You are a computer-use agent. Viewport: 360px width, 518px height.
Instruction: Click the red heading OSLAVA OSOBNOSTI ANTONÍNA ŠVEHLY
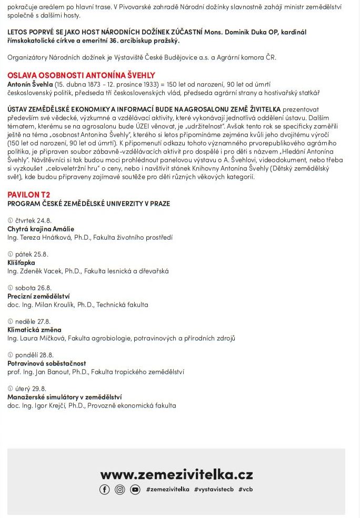pyautogui.click(x=81, y=75)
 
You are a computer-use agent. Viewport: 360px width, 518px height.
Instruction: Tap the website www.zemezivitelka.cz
pyautogui.click(x=176, y=474)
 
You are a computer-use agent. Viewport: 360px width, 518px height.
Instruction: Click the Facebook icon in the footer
pyautogui.click(x=105, y=490)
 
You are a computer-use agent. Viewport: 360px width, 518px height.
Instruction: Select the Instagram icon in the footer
pyautogui.click(x=120, y=490)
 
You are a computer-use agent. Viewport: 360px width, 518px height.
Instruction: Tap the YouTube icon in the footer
pyautogui.click(x=135, y=490)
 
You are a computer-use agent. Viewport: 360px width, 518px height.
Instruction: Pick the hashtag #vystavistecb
pyautogui.click(x=214, y=490)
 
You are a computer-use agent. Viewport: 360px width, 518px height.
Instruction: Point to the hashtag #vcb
pyautogui.click(x=245, y=490)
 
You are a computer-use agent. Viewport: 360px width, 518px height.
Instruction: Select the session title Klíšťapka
pyautogui.click(x=21, y=262)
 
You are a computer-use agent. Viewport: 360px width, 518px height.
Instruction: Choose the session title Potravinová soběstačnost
pyautogui.click(x=46, y=363)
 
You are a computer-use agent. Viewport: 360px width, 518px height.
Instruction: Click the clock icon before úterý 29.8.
pyautogui.click(x=10, y=389)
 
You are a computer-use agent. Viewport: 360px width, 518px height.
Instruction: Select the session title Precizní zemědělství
pyautogui.click(x=38, y=296)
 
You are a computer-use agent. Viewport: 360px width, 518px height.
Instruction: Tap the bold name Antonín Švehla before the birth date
pyautogui.click(x=30, y=84)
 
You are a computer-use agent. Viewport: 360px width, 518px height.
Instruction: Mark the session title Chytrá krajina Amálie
pyautogui.click(x=41, y=229)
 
